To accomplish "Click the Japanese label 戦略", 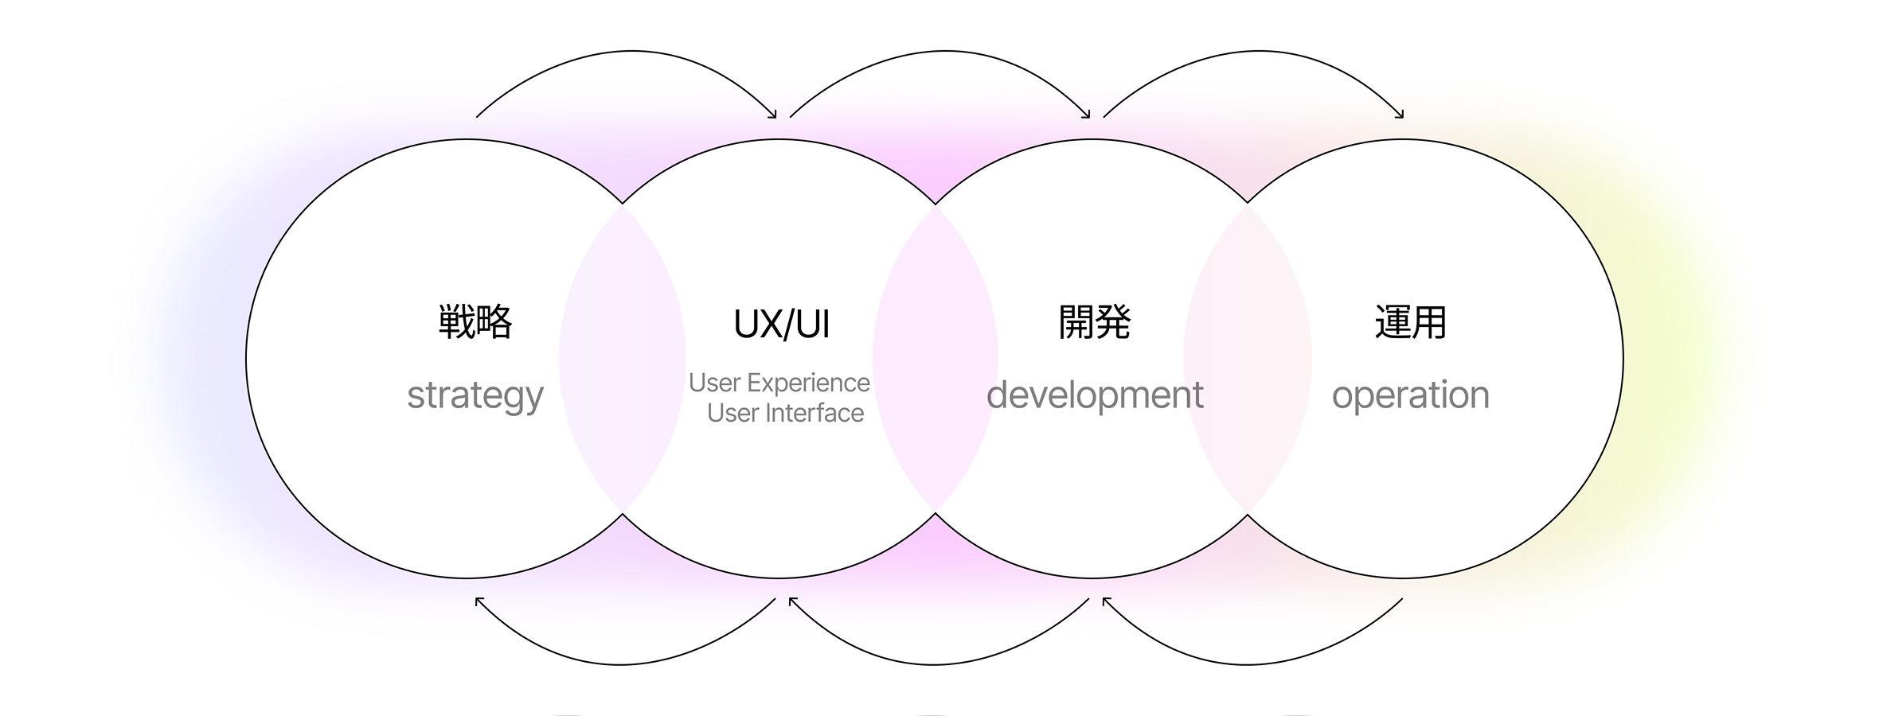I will [x=475, y=322].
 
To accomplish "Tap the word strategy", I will [x=475, y=395].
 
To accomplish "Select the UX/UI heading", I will [x=781, y=325].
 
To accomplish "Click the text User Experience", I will [x=779, y=383].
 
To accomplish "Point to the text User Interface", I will [x=785, y=413].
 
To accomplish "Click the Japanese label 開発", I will [x=1094, y=322].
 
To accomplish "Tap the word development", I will [x=1095, y=395].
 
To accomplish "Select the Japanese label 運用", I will [x=1410, y=322].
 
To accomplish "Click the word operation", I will [x=1410, y=395].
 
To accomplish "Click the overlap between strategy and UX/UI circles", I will [x=622, y=359].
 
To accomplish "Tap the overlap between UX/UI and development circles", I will [x=936, y=359].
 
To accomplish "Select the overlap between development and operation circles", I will [x=1248, y=359].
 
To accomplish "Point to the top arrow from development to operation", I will [x=1258, y=52].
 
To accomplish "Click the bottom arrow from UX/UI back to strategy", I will [x=621, y=663].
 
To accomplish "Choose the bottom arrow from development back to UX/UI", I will [x=934, y=663].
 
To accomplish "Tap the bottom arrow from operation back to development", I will [x=1248, y=663].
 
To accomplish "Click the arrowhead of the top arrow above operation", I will [x=1400, y=115].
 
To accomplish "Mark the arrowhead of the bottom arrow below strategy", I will [x=479, y=601].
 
